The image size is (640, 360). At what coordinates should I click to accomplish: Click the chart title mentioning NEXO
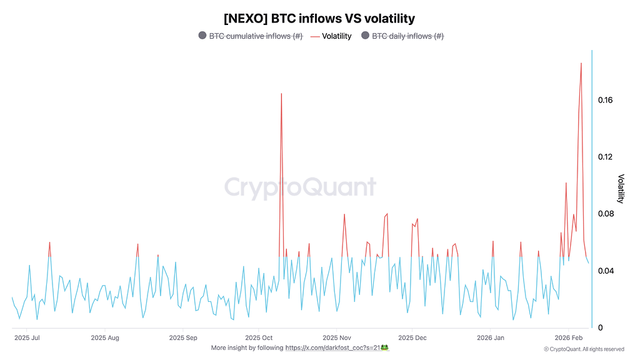[319, 19]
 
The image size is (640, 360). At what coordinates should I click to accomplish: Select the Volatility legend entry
[336, 36]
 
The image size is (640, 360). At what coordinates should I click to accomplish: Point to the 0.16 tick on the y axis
[604, 100]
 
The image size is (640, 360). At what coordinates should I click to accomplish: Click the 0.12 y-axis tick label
[604, 157]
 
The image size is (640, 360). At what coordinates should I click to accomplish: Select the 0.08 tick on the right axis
[604, 214]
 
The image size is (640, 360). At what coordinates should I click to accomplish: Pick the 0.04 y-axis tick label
[604, 271]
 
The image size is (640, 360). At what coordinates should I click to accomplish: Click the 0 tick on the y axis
[600, 327]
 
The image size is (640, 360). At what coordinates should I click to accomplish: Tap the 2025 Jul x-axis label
[27, 338]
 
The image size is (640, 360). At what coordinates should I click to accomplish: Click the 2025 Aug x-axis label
[105, 338]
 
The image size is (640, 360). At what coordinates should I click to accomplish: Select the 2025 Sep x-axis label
[182, 338]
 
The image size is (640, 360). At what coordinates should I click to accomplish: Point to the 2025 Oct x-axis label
[257, 338]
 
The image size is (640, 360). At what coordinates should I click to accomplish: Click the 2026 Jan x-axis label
[490, 338]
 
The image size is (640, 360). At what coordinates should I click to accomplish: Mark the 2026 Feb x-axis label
[567, 338]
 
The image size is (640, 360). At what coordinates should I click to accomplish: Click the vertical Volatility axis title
[621, 189]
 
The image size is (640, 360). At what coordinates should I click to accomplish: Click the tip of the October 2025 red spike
[281, 94]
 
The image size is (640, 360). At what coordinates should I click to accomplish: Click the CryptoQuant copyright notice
[584, 349]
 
